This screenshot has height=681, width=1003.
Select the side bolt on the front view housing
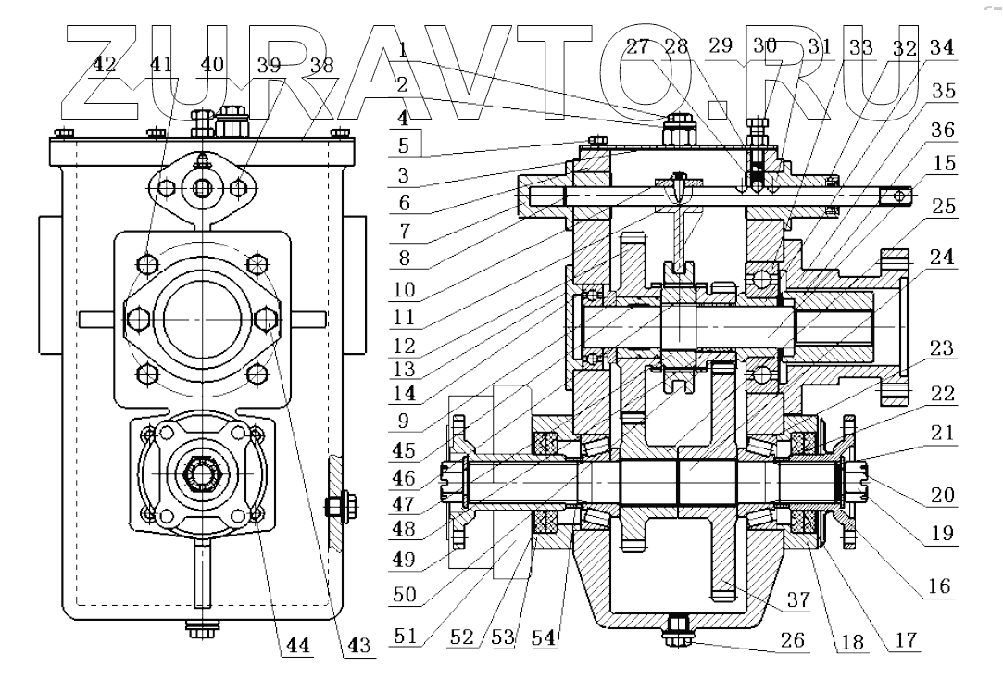332,507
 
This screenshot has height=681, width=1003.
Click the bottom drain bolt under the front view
198,630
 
